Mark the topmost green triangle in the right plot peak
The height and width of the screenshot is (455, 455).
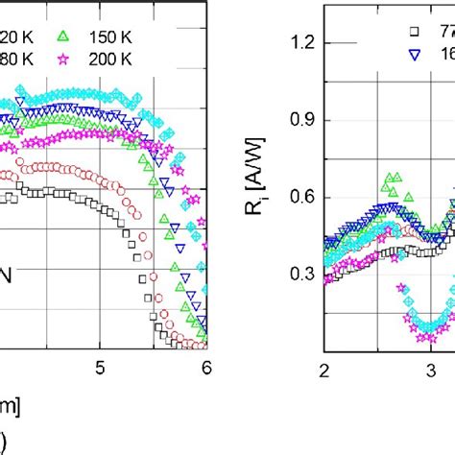tap(390, 177)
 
